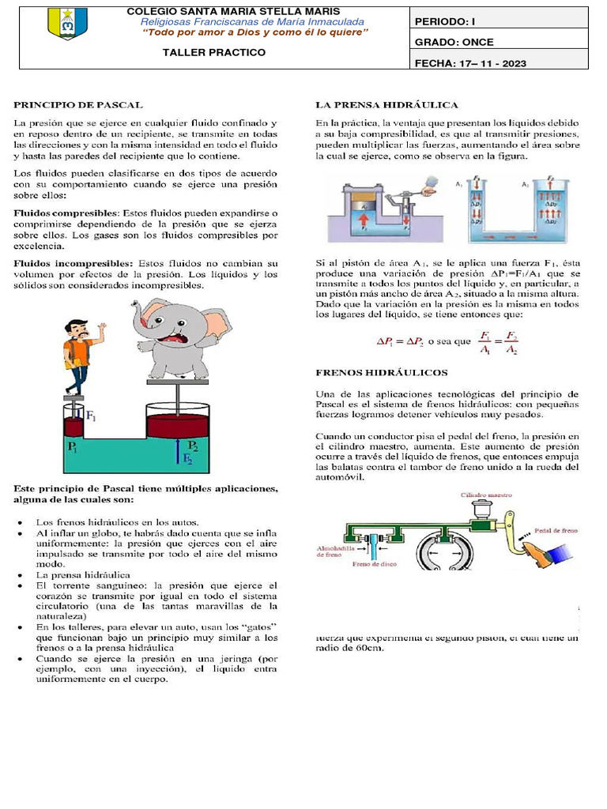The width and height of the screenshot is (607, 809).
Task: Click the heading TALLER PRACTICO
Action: (213, 52)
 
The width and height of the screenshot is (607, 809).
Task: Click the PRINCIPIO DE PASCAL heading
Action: (77, 104)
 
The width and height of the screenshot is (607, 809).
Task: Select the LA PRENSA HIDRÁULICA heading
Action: (386, 104)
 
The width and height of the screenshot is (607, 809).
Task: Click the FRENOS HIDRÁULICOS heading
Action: (382, 372)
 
